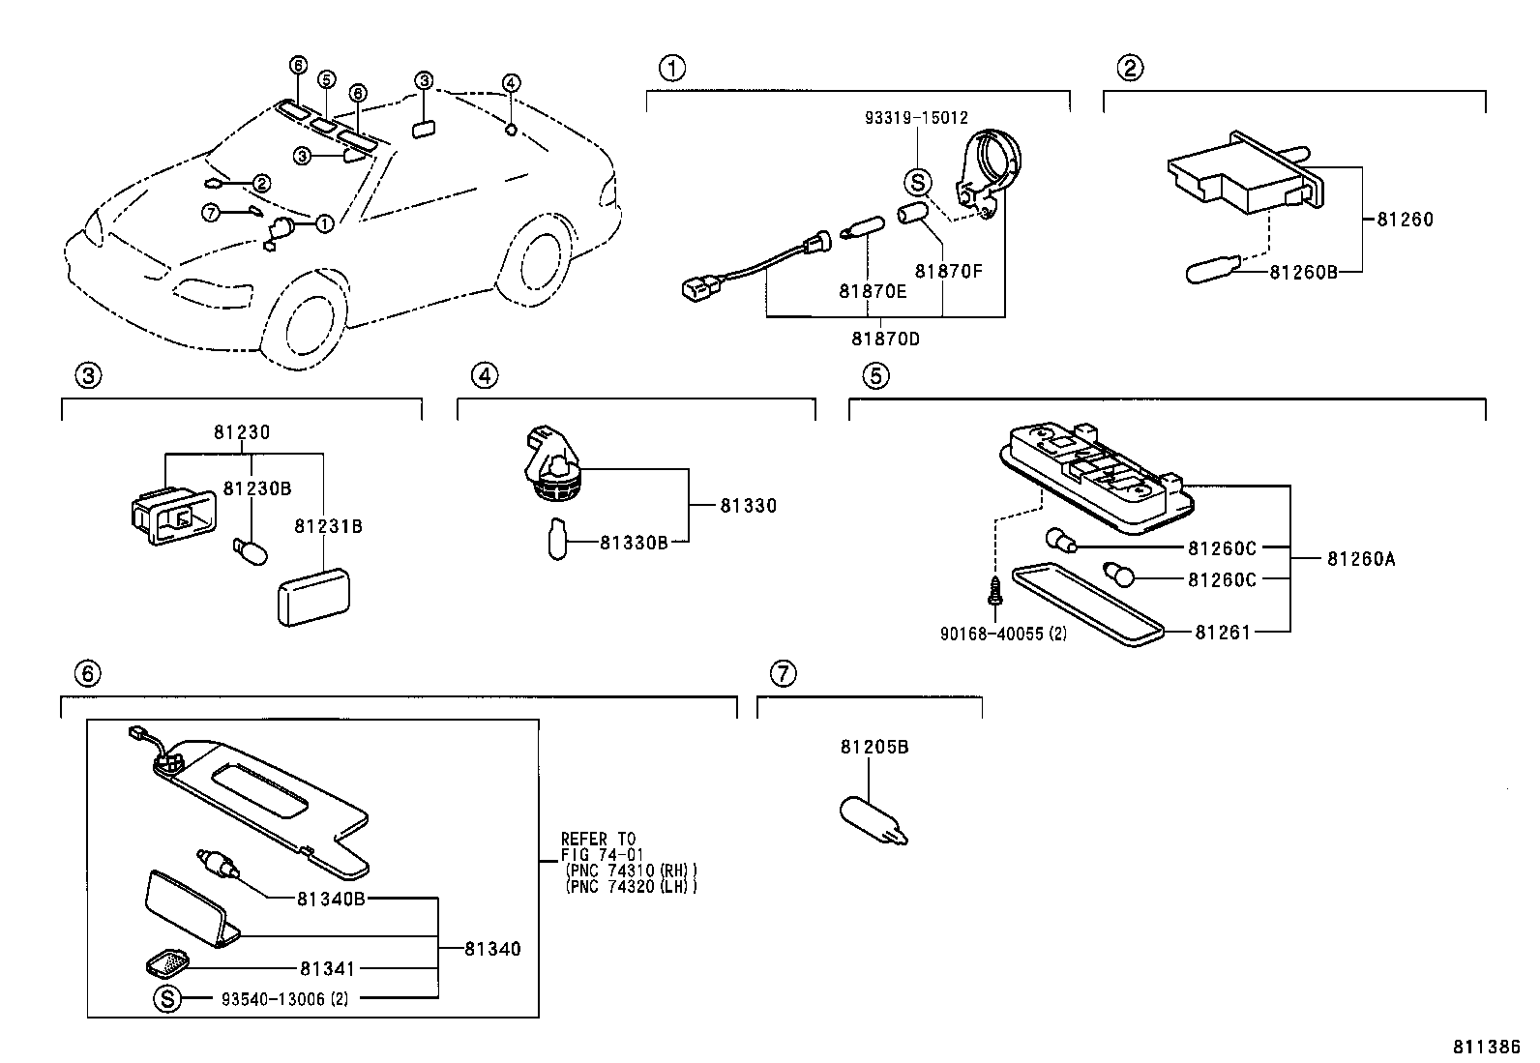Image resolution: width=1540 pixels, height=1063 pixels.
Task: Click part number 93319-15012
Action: point(915,118)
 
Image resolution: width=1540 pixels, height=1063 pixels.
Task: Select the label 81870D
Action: point(885,340)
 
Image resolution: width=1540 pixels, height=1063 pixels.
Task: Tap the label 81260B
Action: point(1303,273)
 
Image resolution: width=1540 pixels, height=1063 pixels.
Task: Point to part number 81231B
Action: point(328,527)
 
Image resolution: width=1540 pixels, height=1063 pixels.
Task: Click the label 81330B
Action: point(634,543)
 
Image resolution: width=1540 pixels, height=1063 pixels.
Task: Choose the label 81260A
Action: point(1361,558)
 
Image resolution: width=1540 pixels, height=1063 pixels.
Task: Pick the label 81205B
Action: point(874,747)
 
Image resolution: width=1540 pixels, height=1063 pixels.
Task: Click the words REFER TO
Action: point(599,839)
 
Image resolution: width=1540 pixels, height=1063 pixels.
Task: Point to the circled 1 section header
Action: point(672,69)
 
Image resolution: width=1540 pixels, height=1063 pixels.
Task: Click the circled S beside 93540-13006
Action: point(167,999)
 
